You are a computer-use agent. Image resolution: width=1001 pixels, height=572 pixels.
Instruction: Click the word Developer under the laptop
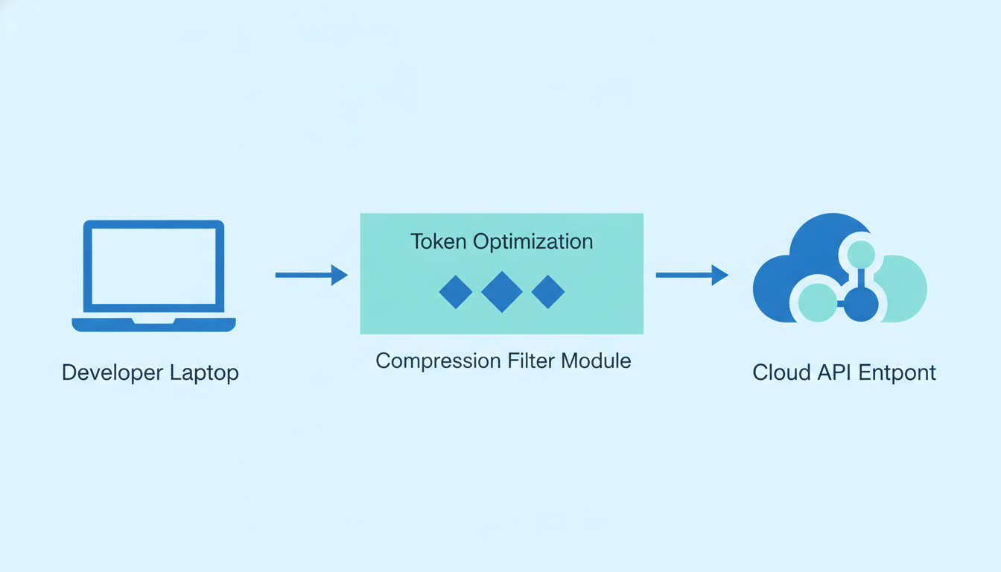(112, 372)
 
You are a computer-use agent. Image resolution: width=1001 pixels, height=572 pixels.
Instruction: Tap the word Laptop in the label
(204, 373)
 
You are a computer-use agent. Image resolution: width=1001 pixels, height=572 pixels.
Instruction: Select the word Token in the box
(439, 241)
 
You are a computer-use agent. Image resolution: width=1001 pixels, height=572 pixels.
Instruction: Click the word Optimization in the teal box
(533, 242)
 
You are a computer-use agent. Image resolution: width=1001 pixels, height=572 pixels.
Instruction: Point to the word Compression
(438, 361)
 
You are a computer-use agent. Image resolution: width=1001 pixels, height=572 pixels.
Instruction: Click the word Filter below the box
(530, 360)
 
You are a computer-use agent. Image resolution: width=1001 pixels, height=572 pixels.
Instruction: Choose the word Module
(596, 360)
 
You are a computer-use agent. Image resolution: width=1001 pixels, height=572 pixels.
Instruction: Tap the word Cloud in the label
(781, 372)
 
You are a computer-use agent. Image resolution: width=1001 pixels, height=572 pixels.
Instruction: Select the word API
(834, 372)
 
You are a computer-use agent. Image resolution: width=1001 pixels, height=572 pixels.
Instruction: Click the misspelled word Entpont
(897, 372)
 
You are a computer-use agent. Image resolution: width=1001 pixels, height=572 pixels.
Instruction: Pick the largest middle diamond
(502, 292)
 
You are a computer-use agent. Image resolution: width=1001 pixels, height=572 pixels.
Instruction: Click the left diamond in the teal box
(456, 292)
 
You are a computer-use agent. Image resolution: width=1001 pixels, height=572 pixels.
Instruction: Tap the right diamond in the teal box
(548, 292)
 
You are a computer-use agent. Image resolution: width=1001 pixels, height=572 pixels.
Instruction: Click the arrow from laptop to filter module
(311, 275)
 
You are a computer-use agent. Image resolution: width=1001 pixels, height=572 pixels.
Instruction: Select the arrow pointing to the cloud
(692, 275)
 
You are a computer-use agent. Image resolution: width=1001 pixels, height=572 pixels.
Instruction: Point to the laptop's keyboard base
(153, 325)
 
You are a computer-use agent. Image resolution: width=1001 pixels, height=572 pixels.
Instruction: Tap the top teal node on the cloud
(861, 254)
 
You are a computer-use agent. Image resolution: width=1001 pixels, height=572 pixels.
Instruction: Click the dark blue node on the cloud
(861, 304)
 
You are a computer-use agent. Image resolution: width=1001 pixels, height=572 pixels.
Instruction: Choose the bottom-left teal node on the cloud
(817, 303)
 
